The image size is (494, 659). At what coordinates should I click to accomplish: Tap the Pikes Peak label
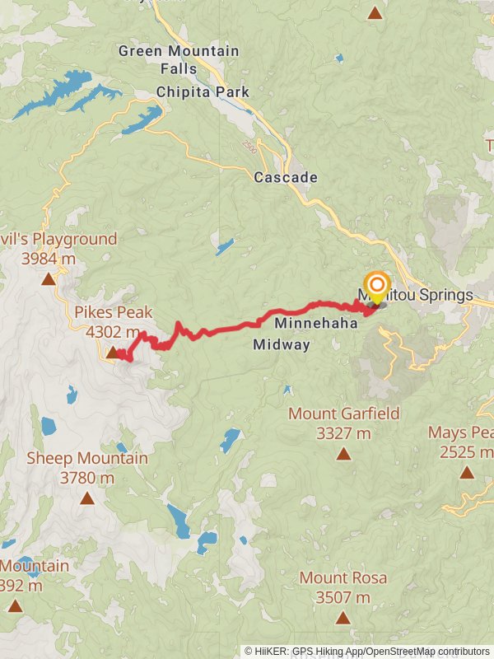point(113,313)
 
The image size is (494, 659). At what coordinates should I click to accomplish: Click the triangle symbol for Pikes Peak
point(112,353)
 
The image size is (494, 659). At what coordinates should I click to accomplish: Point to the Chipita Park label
point(203,91)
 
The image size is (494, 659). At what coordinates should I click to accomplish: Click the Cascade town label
point(286,177)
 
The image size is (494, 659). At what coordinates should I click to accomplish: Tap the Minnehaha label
point(315,324)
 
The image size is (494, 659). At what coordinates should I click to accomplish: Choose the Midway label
point(282,344)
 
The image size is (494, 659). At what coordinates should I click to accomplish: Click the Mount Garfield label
point(343,414)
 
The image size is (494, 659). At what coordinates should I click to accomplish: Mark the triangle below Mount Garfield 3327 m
point(343,453)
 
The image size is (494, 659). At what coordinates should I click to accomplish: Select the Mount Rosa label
point(343,578)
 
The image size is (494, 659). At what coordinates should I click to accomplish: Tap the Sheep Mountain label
point(87,458)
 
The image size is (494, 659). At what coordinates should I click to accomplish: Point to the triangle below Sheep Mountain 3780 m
point(87,498)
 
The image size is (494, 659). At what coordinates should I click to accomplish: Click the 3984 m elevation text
point(49,259)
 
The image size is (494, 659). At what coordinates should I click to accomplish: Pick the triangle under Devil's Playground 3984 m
point(49,279)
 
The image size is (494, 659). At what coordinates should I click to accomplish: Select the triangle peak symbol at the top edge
point(375,12)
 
